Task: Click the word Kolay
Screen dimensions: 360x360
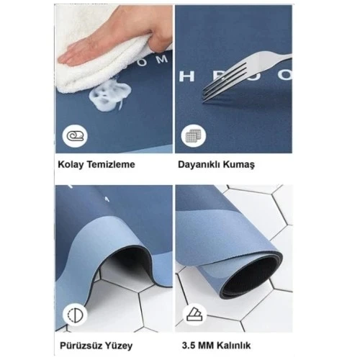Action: [71, 164]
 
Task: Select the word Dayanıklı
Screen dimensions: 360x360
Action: [202, 164]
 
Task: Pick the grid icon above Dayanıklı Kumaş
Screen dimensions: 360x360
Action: [192, 136]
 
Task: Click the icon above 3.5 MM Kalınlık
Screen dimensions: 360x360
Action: [193, 314]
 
